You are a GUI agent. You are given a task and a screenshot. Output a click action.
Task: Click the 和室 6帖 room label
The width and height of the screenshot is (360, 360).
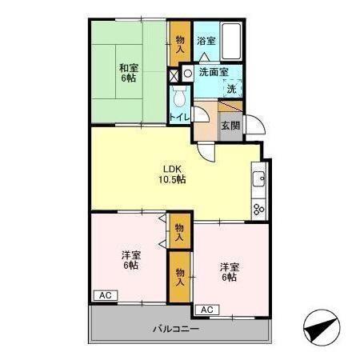click(129, 73)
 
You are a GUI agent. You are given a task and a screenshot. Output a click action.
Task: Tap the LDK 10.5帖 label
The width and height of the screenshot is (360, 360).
click(172, 174)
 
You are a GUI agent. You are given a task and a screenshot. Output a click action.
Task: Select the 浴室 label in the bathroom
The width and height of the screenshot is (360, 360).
click(206, 41)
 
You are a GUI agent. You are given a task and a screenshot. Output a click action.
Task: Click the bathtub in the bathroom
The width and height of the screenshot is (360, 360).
click(231, 42)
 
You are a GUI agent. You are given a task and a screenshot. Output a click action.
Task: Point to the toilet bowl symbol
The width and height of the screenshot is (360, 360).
click(179, 97)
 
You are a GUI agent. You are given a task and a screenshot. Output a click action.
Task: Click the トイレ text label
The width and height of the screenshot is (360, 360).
click(179, 117)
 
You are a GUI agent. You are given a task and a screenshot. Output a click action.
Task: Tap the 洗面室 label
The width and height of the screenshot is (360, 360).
click(214, 72)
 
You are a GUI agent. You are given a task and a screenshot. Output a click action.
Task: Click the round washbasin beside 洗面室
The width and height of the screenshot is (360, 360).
click(188, 73)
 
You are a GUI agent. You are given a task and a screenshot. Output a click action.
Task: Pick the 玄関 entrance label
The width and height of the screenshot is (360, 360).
click(230, 126)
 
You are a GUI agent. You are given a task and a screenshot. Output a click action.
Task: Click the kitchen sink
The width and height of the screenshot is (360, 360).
click(258, 179)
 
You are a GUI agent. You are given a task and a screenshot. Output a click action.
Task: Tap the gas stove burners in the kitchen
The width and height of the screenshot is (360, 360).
click(259, 210)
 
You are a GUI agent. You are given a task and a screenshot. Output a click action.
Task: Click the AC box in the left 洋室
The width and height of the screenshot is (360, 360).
click(106, 295)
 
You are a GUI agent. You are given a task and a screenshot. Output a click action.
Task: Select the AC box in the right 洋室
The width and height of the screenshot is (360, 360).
click(207, 310)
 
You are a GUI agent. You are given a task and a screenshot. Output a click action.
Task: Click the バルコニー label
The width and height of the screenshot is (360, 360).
click(176, 329)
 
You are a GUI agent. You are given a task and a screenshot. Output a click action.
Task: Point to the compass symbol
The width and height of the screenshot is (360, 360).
click(322, 328)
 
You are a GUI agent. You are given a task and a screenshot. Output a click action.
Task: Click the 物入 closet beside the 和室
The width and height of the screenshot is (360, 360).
click(180, 44)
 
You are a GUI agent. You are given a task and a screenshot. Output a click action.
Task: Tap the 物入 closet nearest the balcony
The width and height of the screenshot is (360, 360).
click(180, 277)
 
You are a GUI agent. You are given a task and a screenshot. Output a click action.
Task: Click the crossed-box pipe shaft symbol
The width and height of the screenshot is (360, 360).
click(174, 76)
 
